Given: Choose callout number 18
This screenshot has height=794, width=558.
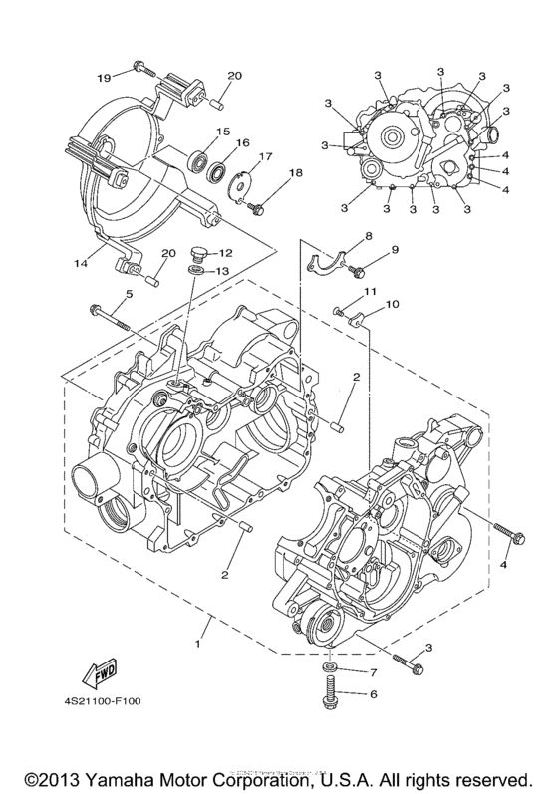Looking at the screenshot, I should click(x=294, y=173).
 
